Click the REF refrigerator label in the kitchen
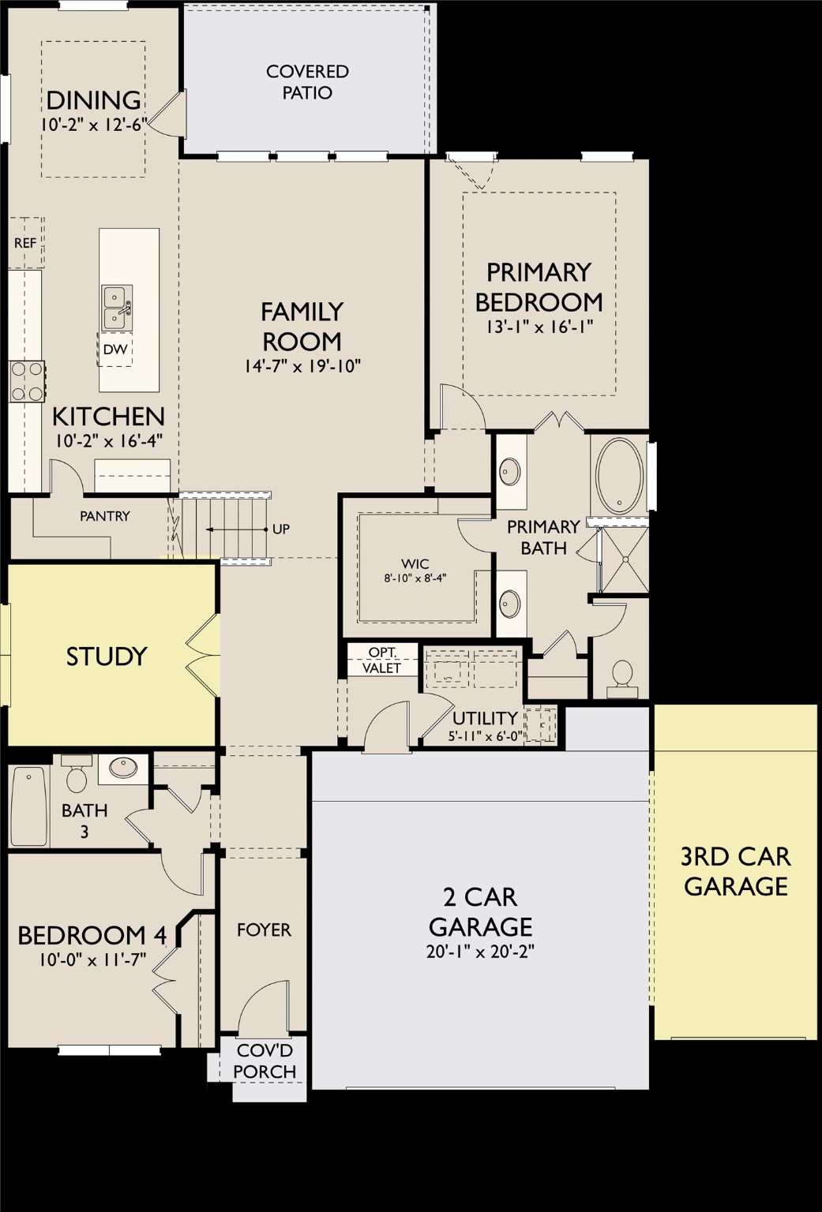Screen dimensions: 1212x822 (x=25, y=243)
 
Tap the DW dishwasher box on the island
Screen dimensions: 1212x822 (x=115, y=350)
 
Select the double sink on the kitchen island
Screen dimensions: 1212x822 (x=116, y=307)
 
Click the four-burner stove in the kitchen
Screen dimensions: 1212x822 (x=26, y=382)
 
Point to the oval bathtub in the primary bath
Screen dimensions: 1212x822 (x=620, y=477)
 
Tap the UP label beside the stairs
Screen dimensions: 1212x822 (x=281, y=529)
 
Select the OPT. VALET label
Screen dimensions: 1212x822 (x=382, y=660)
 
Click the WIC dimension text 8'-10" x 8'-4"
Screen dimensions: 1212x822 (x=415, y=578)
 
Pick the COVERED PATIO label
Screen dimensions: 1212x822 (x=307, y=82)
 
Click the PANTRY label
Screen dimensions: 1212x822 (x=105, y=516)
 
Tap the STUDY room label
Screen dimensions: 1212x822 (x=107, y=656)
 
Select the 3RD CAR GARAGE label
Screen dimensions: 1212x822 (x=736, y=871)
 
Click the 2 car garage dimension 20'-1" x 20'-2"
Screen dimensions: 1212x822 (x=480, y=952)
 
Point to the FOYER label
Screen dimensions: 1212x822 (x=264, y=930)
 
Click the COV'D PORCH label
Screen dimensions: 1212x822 (x=265, y=1061)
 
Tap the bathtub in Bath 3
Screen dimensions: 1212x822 (x=29, y=806)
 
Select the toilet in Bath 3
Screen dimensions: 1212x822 (x=77, y=776)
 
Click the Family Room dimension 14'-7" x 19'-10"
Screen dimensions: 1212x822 (x=302, y=366)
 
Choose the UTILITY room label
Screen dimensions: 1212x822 (x=485, y=718)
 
